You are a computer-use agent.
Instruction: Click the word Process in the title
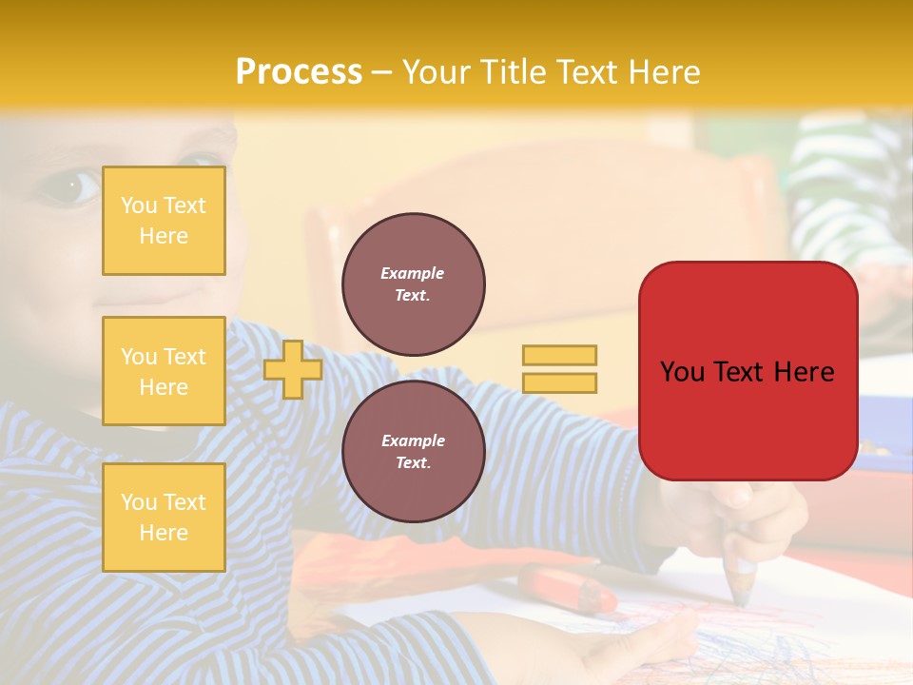click(299, 71)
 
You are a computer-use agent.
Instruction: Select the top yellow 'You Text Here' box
click(164, 221)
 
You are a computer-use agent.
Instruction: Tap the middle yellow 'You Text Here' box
click(164, 371)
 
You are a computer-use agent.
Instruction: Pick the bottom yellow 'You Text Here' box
click(164, 517)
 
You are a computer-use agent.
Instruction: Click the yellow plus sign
click(293, 369)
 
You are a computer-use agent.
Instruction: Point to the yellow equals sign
click(559, 369)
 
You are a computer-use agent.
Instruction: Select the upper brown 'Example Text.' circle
click(414, 284)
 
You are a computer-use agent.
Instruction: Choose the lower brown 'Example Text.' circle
click(414, 451)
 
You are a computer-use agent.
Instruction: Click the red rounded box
click(748, 371)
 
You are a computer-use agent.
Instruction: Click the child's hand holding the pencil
click(751, 514)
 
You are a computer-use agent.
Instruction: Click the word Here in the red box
click(804, 371)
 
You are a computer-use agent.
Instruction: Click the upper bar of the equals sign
click(559, 355)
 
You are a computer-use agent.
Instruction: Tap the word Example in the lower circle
click(414, 440)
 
